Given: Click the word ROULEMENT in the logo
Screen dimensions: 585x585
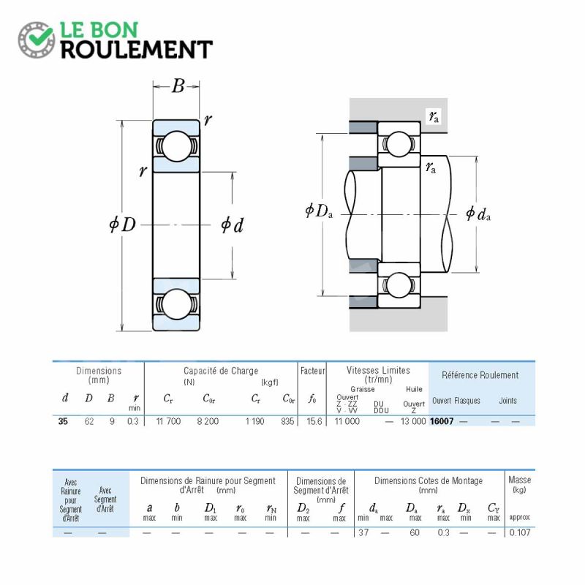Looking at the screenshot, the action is (137, 50).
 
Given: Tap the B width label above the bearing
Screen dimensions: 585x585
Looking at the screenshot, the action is (178, 86).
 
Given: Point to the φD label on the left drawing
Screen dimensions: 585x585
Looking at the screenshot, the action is (122, 224).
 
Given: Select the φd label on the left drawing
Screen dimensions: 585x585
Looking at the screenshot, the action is (232, 225).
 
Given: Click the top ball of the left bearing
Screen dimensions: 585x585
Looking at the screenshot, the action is (176, 146).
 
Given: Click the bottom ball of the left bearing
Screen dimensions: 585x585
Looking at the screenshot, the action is (176, 304).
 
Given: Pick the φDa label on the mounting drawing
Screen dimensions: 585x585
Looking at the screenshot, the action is (319, 211).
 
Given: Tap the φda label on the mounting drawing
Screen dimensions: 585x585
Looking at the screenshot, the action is (478, 214).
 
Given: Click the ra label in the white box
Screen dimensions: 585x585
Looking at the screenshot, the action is (434, 116).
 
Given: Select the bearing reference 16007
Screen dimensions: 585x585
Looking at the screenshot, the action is (442, 421).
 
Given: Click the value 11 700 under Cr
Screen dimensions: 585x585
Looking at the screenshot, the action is (168, 421).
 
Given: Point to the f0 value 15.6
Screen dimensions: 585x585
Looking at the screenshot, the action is (314, 421).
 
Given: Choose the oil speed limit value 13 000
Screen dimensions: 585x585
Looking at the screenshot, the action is (413, 421).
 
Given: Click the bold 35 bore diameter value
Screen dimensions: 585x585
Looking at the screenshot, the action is (63, 421).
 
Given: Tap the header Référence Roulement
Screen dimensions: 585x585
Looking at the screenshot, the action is (480, 375).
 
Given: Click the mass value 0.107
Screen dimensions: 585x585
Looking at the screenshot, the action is (520, 532).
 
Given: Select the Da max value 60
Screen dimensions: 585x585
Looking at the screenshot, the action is (415, 532).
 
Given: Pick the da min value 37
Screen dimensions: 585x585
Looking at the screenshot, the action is (363, 532).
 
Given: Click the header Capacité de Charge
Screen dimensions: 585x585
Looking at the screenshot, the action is (221, 371).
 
